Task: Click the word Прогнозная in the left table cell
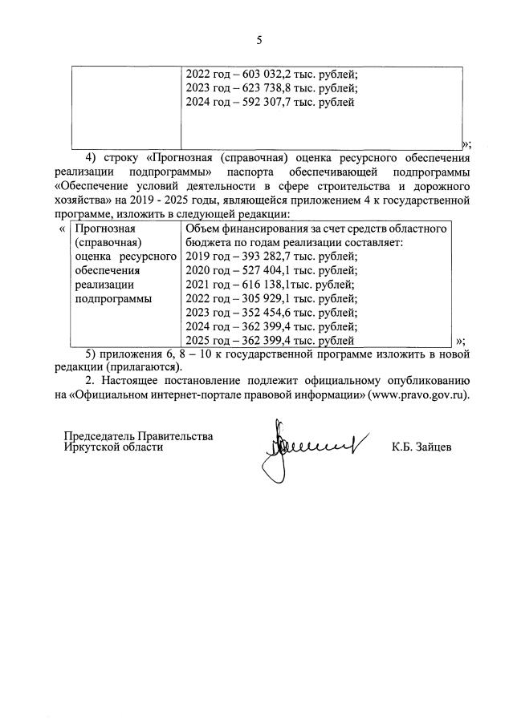point(103,229)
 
